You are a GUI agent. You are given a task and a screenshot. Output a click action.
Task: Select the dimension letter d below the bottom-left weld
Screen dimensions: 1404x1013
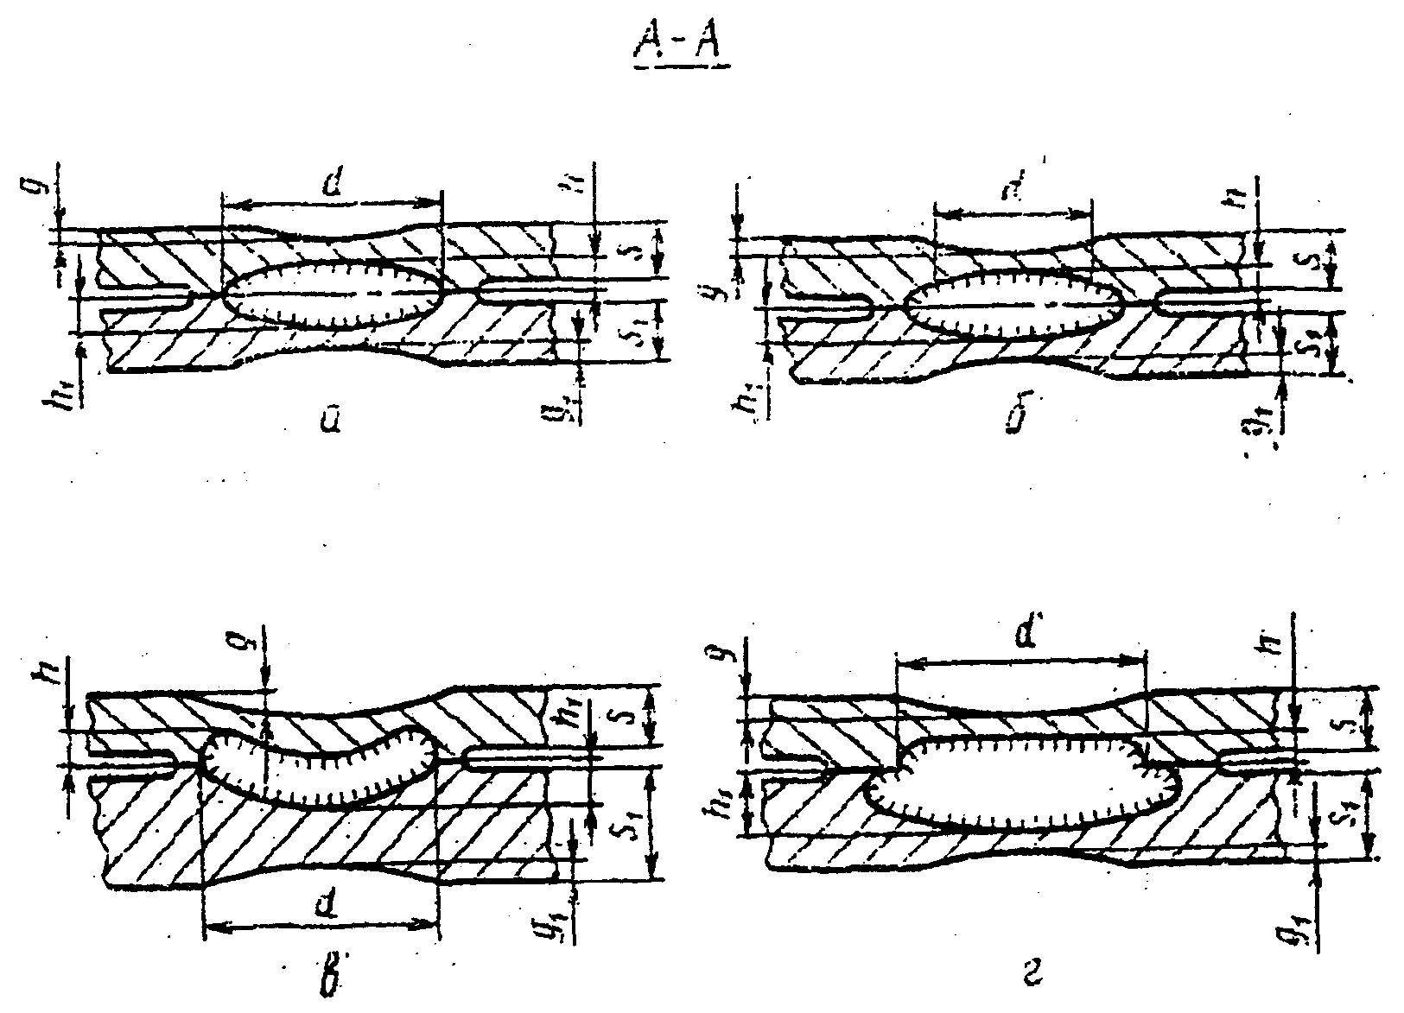click(x=324, y=906)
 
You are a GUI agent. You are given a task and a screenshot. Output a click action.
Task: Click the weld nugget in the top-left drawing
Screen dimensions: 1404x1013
click(x=333, y=294)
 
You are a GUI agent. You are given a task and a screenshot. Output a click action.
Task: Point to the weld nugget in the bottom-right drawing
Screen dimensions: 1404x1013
click(x=1020, y=782)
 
